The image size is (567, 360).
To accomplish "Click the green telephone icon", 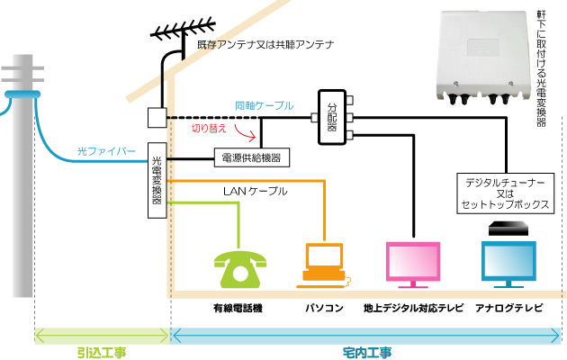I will point(238,263).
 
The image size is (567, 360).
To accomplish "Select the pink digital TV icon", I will point(414,265).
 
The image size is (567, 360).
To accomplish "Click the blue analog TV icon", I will point(508,265).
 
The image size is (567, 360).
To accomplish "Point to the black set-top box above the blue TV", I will point(508,230).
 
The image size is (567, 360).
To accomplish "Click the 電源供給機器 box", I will point(251,158).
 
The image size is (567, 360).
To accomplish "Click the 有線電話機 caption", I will point(238,309).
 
